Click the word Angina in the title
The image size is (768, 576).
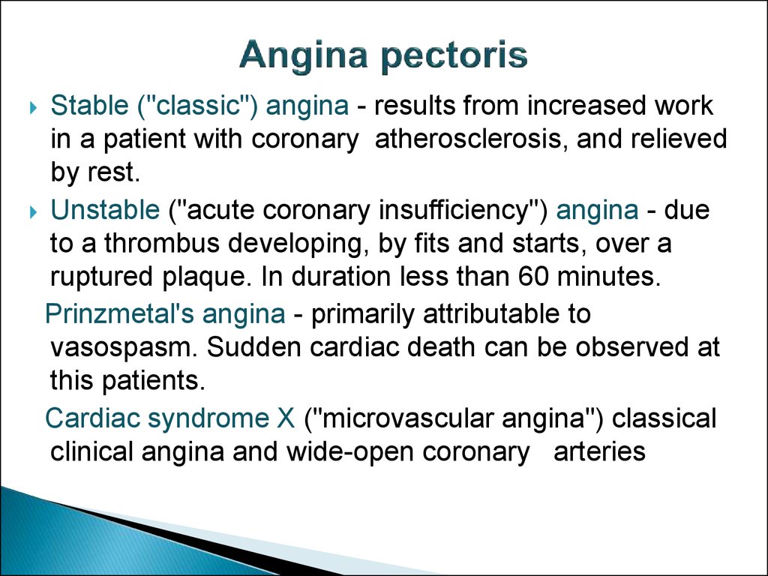pyautogui.click(x=304, y=55)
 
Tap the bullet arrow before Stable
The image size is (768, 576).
pyautogui.click(x=33, y=107)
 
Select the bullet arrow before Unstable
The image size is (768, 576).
pyautogui.click(x=33, y=212)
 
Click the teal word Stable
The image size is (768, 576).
pyautogui.click(x=89, y=105)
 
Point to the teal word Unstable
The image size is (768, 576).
pyautogui.click(x=105, y=210)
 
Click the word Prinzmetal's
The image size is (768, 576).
pyautogui.click(x=119, y=313)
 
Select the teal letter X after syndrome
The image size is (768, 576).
pyautogui.click(x=286, y=418)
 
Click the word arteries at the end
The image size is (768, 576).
pyautogui.click(x=599, y=451)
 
